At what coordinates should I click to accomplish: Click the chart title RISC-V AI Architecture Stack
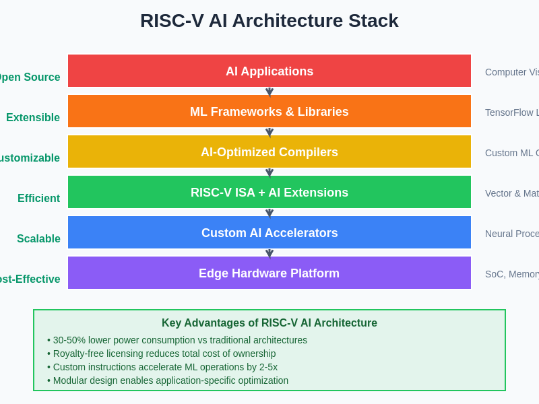[x=269, y=21]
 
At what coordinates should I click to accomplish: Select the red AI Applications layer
[x=269, y=71]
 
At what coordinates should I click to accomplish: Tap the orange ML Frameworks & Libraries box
[x=269, y=111]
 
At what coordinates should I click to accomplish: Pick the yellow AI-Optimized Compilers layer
[x=269, y=151]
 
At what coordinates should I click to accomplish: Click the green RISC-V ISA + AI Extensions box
[x=269, y=192]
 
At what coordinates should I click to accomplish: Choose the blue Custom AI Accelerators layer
[x=269, y=232]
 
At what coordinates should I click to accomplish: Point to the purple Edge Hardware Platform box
[x=269, y=273]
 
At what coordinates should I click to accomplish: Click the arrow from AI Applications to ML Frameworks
[x=269, y=92]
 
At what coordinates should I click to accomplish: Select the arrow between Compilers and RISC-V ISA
[x=269, y=172]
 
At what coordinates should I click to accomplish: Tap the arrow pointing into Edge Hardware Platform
[x=269, y=253]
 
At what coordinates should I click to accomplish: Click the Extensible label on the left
[x=33, y=118]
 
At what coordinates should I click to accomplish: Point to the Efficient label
[x=39, y=199]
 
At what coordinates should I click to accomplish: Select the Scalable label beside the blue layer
[x=39, y=239]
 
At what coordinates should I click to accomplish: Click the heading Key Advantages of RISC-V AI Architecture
[x=269, y=323]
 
